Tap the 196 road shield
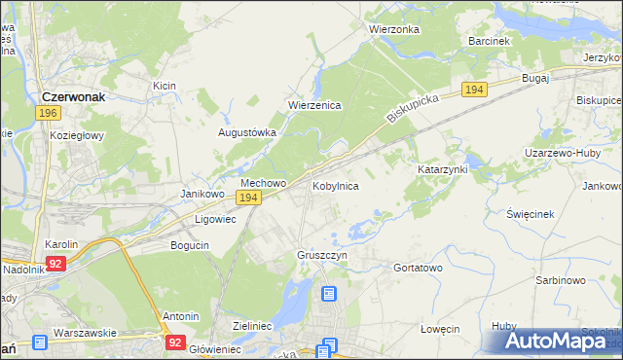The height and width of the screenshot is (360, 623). [48, 114]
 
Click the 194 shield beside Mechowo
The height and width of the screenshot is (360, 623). [248, 198]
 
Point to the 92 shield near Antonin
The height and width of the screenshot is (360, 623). [175, 342]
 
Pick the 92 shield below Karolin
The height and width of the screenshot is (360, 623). [57, 263]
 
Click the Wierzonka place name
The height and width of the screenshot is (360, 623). [393, 29]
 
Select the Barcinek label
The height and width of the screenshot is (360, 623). [489, 42]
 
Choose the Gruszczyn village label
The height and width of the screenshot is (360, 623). [322, 255]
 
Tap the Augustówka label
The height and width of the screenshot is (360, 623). [247, 132]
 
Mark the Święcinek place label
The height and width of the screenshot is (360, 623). [531, 213]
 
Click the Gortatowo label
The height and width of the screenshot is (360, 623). [418, 267]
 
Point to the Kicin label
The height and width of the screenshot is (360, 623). [164, 87]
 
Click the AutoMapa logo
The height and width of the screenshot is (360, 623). [555, 341]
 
